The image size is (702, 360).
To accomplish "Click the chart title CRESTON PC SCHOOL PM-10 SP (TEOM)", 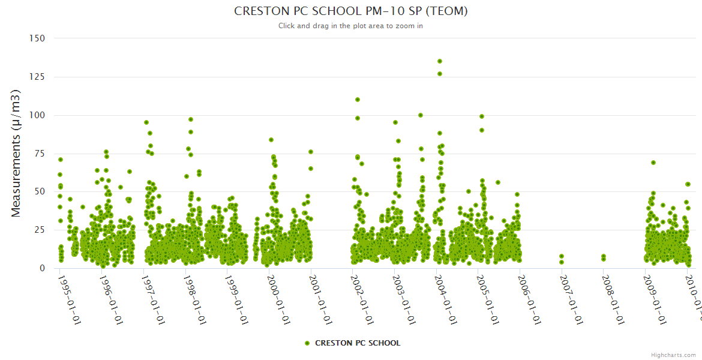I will pos(350,11).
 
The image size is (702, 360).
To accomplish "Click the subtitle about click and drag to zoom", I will pos(350,26).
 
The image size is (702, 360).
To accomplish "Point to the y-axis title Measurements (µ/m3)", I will pos(16,153).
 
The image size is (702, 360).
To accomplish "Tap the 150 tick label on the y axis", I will pos(37,38).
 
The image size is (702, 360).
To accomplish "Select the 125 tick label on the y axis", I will pos(37,77).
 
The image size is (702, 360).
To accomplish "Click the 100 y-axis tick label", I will pos(37,115).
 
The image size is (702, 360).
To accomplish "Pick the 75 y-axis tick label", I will pos(40,154).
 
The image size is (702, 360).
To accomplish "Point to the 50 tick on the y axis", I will pos(40,192).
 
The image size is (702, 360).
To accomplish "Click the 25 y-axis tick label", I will pos(40,230).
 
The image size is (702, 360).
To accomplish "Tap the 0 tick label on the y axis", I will pos(42,268).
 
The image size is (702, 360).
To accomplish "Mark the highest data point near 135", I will pos(440,61).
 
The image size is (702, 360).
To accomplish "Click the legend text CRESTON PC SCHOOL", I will pos(358,343).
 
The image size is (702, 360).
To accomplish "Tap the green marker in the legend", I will pos(307,343).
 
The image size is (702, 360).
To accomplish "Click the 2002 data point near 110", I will pos(358,100).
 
